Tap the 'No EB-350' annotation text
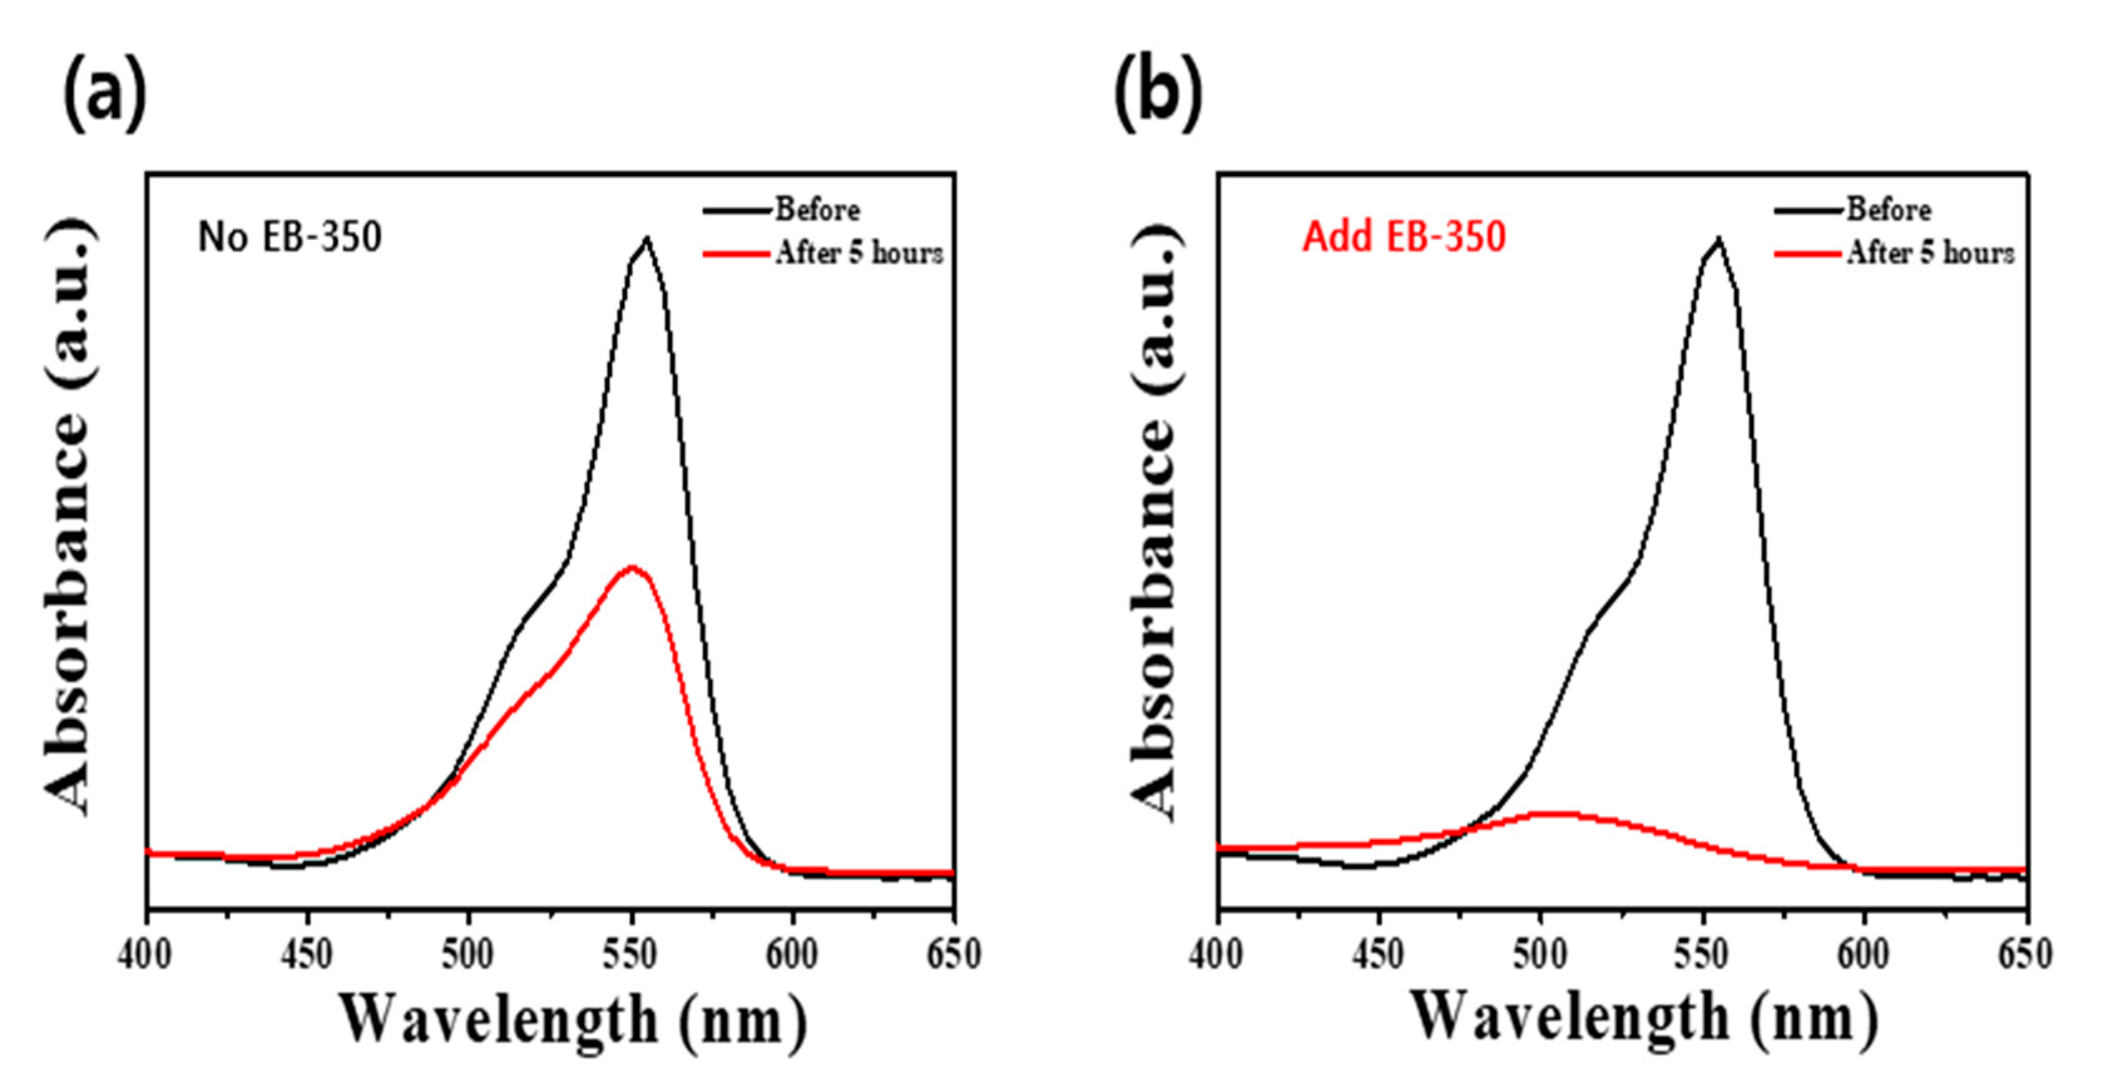[x=290, y=237]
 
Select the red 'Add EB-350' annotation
[x=1404, y=237]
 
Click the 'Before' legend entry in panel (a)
[x=816, y=210]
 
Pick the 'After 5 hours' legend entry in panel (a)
[x=858, y=253]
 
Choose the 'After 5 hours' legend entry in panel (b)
[x=1930, y=253]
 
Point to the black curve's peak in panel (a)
[x=647, y=239]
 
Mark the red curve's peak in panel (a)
[x=631, y=567]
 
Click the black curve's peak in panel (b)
[x=1719, y=239]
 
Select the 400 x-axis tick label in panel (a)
[x=145, y=955]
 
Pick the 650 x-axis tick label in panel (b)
[x=2024, y=955]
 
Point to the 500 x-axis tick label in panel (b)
[x=1541, y=955]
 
